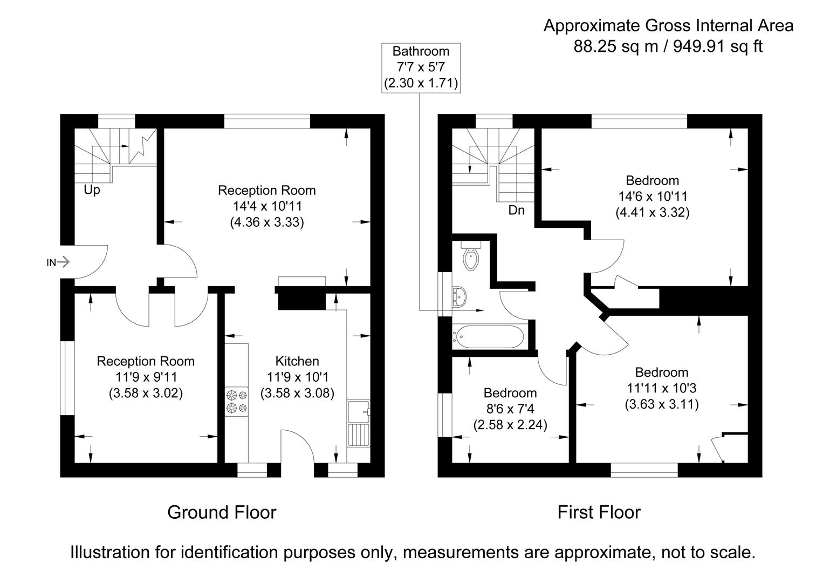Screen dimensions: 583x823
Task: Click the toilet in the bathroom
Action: coord(472,258)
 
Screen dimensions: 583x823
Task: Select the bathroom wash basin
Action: coord(460,296)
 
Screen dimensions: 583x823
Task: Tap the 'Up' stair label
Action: coord(92,191)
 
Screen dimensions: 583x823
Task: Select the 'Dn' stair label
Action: coord(516,211)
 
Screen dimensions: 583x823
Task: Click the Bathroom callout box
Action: coord(420,67)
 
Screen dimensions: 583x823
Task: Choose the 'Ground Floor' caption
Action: coord(222,512)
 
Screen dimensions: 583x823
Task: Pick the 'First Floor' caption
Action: coord(599,512)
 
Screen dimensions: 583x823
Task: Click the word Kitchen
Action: coord(297,361)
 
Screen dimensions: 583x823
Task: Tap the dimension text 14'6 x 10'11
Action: coord(652,196)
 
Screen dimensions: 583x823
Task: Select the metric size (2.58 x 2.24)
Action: coord(510,425)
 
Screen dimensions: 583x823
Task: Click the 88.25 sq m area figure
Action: coord(616,46)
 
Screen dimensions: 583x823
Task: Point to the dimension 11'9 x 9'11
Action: coord(146,377)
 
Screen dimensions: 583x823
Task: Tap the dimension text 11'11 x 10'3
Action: coord(661,388)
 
